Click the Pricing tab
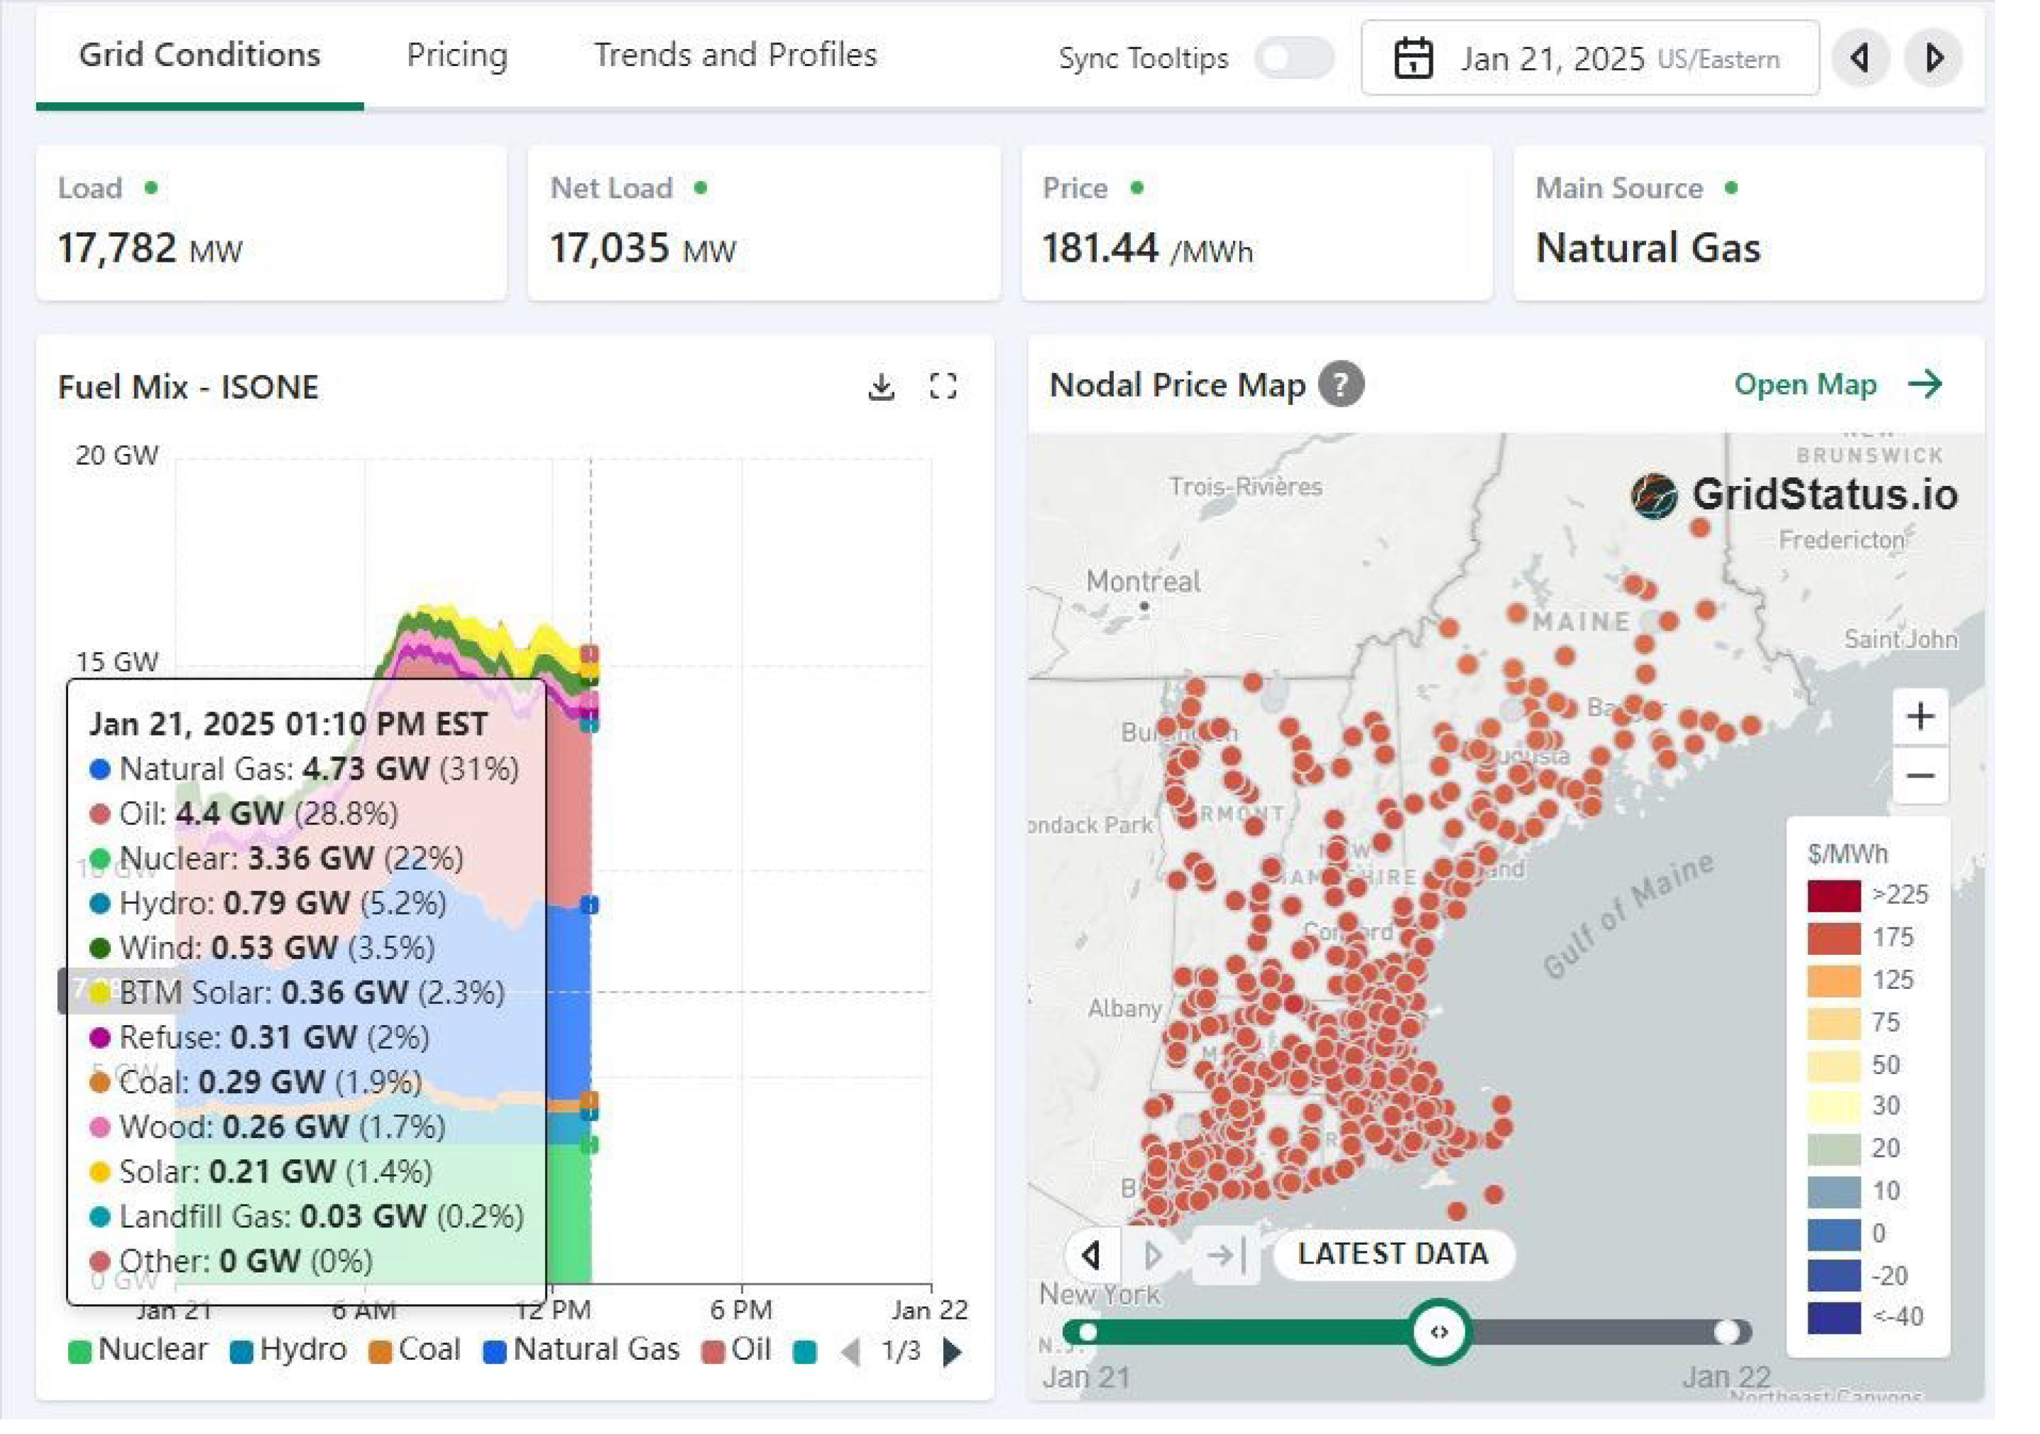[x=457, y=55]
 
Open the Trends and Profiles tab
[x=735, y=55]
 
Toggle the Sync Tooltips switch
[x=1294, y=59]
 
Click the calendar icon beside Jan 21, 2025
[x=1413, y=59]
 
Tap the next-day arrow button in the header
[x=1934, y=59]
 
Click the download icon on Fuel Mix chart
[x=881, y=387]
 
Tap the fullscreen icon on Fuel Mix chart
[x=943, y=387]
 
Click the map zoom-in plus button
[x=1920, y=716]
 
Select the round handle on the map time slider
[x=1438, y=1331]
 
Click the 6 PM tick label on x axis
[x=741, y=1309]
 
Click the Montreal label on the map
[x=1142, y=582]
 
